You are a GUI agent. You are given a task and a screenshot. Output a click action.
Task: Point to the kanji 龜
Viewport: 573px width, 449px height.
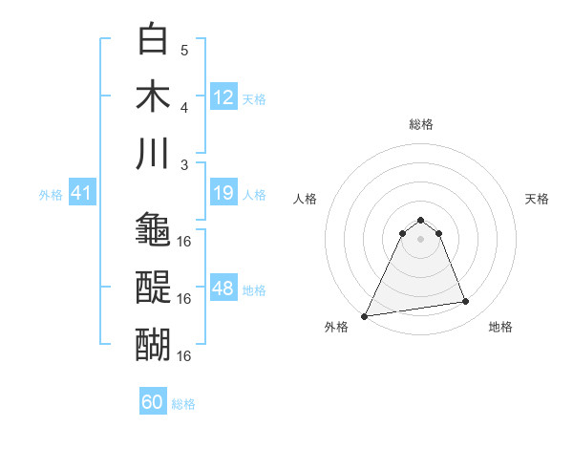(x=154, y=229)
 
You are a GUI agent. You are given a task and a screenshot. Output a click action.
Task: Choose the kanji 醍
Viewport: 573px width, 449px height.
(x=154, y=287)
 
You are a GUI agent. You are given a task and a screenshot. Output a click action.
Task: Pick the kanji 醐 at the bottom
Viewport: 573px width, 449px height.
(x=154, y=344)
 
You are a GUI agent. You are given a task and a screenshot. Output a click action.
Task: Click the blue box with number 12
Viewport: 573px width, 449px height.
(x=223, y=97)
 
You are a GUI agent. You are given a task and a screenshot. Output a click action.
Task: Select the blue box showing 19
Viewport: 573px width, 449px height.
(x=223, y=194)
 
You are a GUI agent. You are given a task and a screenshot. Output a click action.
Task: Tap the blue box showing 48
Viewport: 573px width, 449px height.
(x=223, y=289)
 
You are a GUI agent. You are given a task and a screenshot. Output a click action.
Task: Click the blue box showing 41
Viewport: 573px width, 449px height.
(x=81, y=194)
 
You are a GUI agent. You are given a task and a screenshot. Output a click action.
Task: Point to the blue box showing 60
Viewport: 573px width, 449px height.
(x=153, y=402)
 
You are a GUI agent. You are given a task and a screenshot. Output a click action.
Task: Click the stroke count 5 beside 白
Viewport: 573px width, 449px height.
(x=184, y=50)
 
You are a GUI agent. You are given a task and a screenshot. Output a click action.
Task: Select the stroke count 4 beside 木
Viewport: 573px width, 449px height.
(x=184, y=107)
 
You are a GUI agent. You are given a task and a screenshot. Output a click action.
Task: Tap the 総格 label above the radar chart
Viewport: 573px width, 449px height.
(x=421, y=124)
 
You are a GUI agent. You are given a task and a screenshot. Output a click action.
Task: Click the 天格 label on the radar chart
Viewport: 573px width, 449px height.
(x=537, y=199)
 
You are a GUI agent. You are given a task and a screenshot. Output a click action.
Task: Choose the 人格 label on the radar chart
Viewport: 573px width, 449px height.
(x=306, y=199)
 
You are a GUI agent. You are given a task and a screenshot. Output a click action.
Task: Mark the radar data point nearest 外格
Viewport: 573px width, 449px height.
(x=365, y=315)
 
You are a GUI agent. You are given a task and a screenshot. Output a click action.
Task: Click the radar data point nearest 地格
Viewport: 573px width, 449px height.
(x=466, y=302)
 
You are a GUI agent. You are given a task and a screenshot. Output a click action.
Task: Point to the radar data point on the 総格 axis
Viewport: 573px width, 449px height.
(x=421, y=221)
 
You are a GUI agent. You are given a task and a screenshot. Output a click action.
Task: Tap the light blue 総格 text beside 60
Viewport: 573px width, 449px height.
(x=183, y=404)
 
